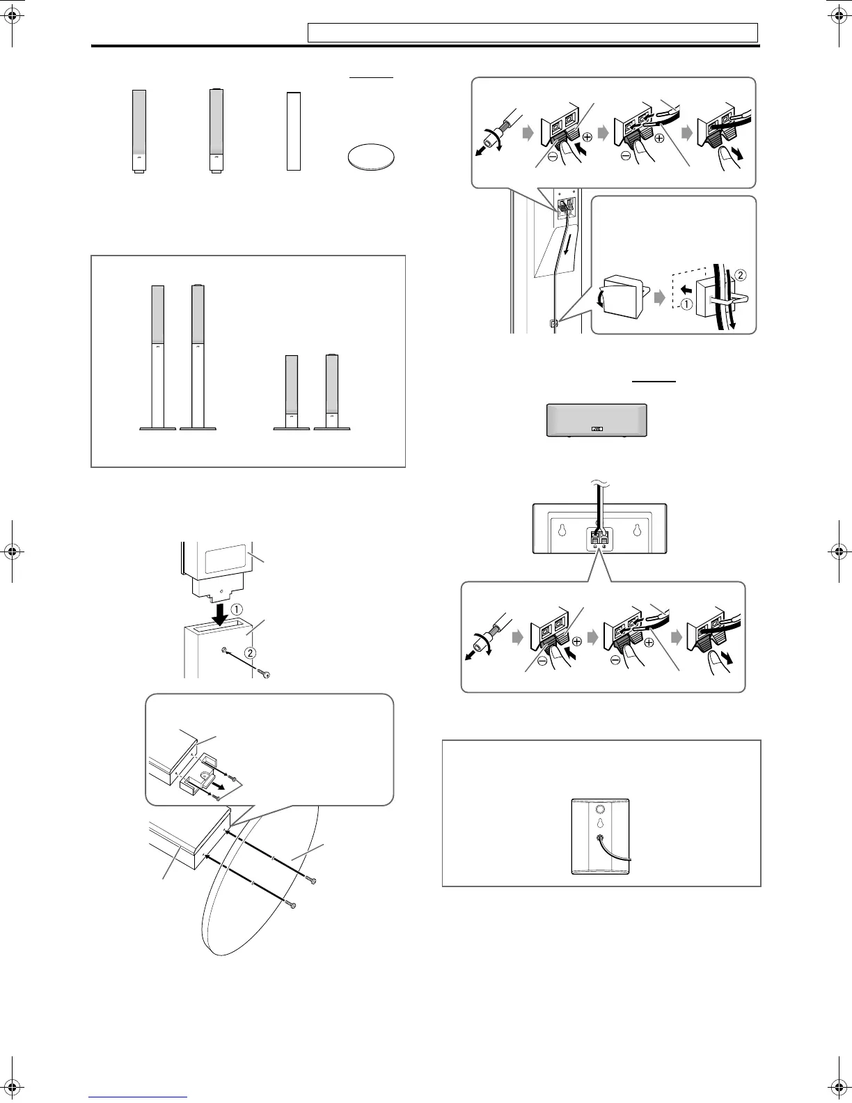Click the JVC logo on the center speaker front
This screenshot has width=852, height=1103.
click(597, 430)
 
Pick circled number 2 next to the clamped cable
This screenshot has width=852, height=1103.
click(739, 276)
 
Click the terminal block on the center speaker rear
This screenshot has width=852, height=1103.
click(598, 538)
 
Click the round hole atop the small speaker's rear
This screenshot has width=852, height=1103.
click(599, 809)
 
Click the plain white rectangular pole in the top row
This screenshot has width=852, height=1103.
click(293, 131)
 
